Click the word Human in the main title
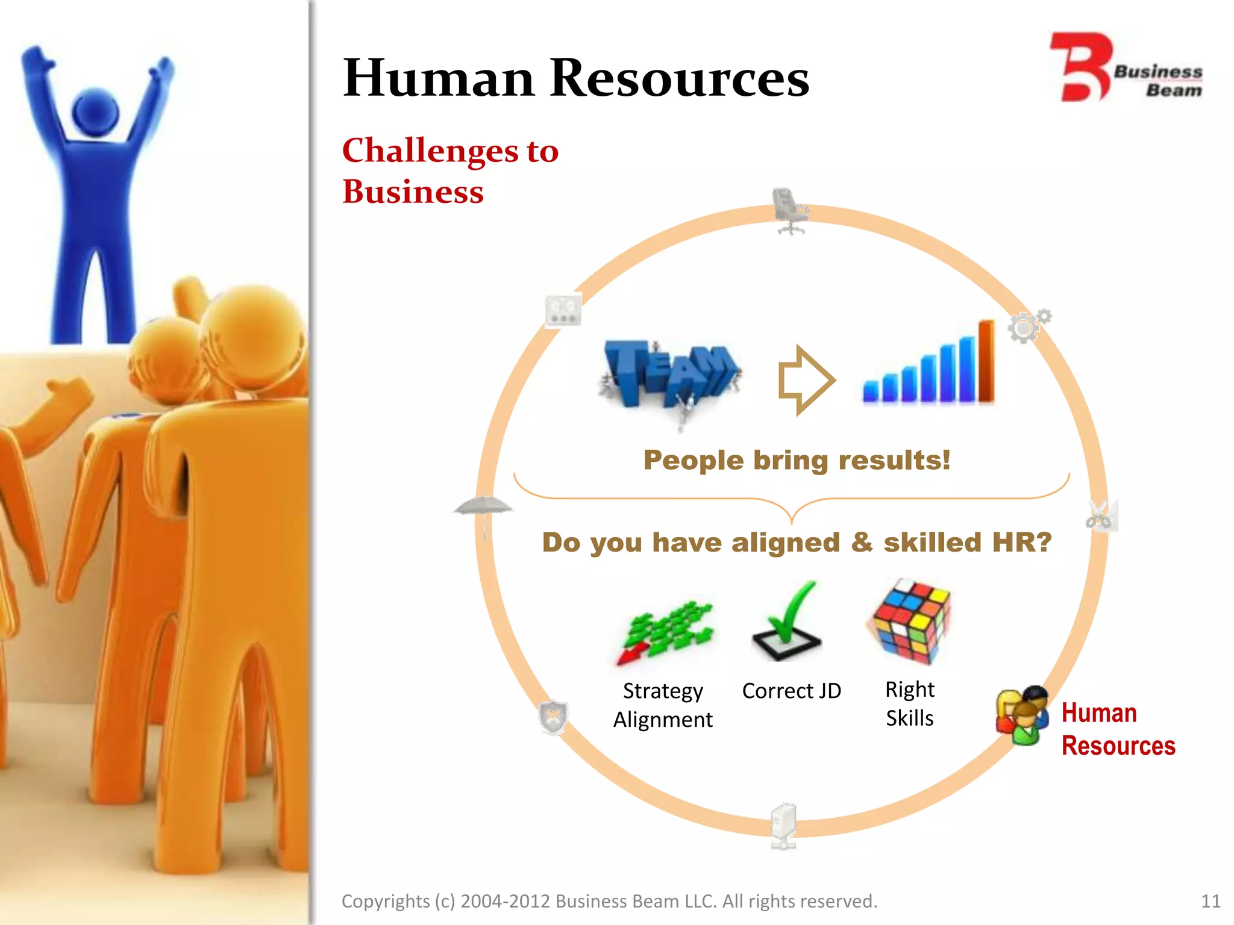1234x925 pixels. click(439, 78)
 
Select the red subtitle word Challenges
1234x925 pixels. click(430, 151)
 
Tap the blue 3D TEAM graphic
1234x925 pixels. click(671, 377)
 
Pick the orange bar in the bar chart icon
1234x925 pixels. click(986, 361)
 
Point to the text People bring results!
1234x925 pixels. click(797, 460)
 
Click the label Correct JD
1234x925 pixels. click(791, 691)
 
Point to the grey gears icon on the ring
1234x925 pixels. click(1028, 326)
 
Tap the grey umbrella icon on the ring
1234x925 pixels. click(483, 511)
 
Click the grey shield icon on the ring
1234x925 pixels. click(553, 717)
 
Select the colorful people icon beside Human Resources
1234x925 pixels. click(1022, 715)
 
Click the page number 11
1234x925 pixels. click(1210, 901)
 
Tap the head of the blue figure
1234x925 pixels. click(95, 113)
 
